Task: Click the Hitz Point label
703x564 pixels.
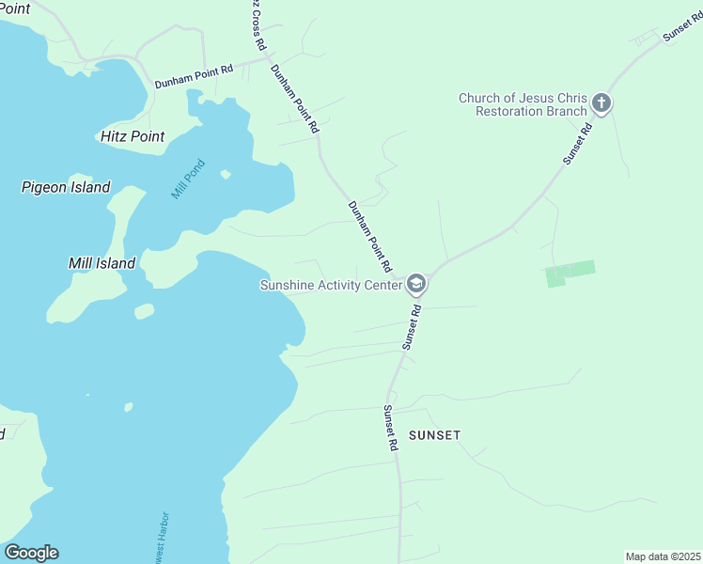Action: click(x=133, y=136)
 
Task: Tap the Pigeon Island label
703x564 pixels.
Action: click(x=66, y=187)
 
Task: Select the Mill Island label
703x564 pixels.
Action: click(x=102, y=263)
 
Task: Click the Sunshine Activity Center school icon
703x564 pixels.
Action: click(x=416, y=284)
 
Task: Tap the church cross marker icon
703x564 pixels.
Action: click(x=601, y=103)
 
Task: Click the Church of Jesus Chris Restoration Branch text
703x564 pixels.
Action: click(x=523, y=103)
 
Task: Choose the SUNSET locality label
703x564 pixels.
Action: click(x=434, y=435)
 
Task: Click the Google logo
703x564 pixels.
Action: click(x=31, y=553)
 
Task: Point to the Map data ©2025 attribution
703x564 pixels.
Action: click(x=662, y=556)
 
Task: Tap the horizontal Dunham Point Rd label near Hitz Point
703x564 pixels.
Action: click(x=195, y=70)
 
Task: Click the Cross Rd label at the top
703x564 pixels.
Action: click(x=257, y=23)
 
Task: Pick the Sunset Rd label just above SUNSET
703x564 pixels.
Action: click(x=390, y=429)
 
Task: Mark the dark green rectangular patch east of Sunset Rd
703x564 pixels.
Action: click(x=570, y=273)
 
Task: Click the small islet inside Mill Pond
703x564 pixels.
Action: click(x=226, y=174)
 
